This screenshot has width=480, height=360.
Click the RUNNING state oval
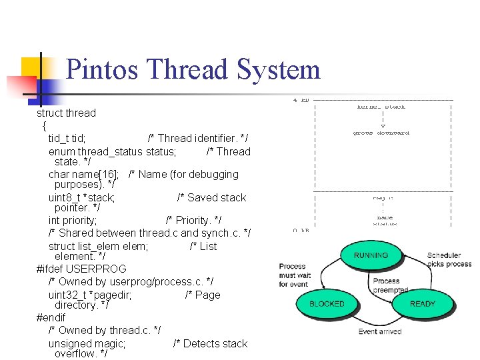[x=371, y=255]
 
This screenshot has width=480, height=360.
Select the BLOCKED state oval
[x=327, y=304]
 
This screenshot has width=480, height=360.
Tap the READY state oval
[x=423, y=304]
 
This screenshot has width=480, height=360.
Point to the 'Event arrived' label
[x=380, y=331]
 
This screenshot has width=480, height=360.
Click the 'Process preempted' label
[x=391, y=285]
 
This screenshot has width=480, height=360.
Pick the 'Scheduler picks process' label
[x=449, y=259]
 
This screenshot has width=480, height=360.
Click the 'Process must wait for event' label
[x=295, y=275]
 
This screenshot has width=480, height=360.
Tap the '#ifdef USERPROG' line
[x=81, y=269]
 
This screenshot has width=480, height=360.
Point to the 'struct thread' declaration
[x=66, y=113]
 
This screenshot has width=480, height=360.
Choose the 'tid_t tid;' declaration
[x=67, y=139]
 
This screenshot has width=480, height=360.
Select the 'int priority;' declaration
[x=73, y=220]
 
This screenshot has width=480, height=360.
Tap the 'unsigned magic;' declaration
[x=87, y=343]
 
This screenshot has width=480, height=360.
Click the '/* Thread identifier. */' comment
[x=197, y=139]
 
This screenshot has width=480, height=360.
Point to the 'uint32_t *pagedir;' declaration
[x=90, y=295]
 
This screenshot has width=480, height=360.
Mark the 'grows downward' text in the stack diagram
[x=381, y=133]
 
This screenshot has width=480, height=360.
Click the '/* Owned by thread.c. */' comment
[x=104, y=330]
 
